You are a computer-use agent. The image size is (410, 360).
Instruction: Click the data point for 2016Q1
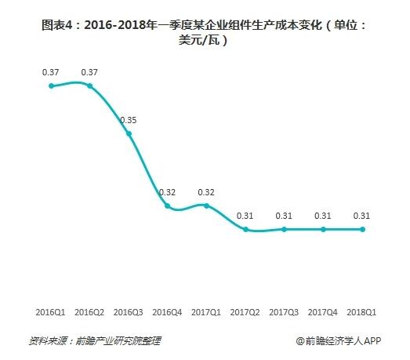point(51,85)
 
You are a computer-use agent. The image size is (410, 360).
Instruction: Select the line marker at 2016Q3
point(129,133)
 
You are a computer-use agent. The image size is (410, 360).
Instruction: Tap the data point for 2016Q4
point(167,205)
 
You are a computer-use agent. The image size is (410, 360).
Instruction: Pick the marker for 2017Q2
point(245,229)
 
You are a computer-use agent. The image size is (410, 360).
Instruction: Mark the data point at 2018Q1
point(361,229)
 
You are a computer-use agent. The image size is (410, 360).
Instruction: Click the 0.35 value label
point(129,120)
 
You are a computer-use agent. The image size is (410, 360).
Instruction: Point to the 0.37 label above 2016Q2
point(89,72)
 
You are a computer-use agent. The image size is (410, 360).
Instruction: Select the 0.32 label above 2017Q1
point(206,192)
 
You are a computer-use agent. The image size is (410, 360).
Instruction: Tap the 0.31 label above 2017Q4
point(323,216)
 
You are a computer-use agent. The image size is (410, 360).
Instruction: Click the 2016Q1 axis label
point(51,313)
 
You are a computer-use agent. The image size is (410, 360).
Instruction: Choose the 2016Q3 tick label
point(129,313)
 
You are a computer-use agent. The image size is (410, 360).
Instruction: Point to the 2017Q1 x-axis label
point(206,313)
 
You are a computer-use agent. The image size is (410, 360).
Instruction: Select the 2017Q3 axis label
point(284,313)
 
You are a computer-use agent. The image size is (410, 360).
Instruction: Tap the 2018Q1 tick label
point(361,313)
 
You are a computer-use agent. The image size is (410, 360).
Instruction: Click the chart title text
point(204,31)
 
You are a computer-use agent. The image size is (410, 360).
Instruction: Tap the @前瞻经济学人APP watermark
point(338,341)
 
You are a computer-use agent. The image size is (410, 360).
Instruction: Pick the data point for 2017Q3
point(284,229)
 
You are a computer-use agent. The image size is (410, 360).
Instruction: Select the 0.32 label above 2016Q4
point(167,192)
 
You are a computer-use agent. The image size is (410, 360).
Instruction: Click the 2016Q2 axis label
point(89,313)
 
